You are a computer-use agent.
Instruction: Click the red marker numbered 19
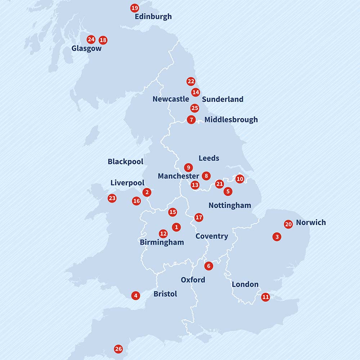134,8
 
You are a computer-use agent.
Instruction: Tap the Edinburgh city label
153,17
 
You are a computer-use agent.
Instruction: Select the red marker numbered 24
91,40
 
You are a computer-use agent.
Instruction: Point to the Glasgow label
86,49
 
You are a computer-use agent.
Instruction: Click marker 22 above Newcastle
191,82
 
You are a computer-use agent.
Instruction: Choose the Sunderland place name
222,99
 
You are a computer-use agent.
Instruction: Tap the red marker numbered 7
191,120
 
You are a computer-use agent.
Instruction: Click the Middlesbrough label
231,120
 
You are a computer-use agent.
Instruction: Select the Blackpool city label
125,162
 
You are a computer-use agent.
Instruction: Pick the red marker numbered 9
188,167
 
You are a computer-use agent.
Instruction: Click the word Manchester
178,176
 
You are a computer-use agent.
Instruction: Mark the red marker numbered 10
240,179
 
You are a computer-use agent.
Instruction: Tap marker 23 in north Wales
112,198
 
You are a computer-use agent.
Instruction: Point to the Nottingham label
230,206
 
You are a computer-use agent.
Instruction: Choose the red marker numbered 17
199,217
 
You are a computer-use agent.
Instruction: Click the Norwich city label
311,222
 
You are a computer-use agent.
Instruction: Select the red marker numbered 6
208,266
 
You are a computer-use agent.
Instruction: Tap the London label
245,284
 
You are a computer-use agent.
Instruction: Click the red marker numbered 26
118,349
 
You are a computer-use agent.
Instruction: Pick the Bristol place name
165,294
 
